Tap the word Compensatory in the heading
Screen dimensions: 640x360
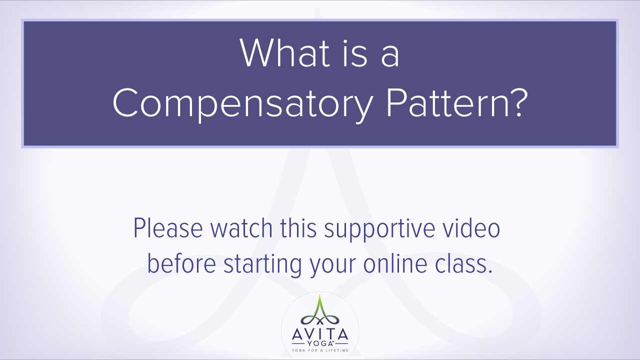(x=243, y=102)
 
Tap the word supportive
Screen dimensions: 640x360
(x=379, y=230)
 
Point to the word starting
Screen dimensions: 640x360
(x=262, y=265)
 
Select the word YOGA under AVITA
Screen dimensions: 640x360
(x=319, y=343)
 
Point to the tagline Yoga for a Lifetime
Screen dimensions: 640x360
(x=319, y=350)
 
